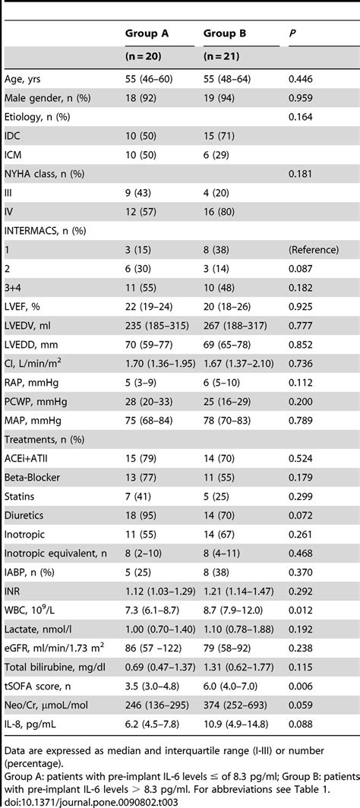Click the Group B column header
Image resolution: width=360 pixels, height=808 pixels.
pyautogui.click(x=226, y=33)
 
